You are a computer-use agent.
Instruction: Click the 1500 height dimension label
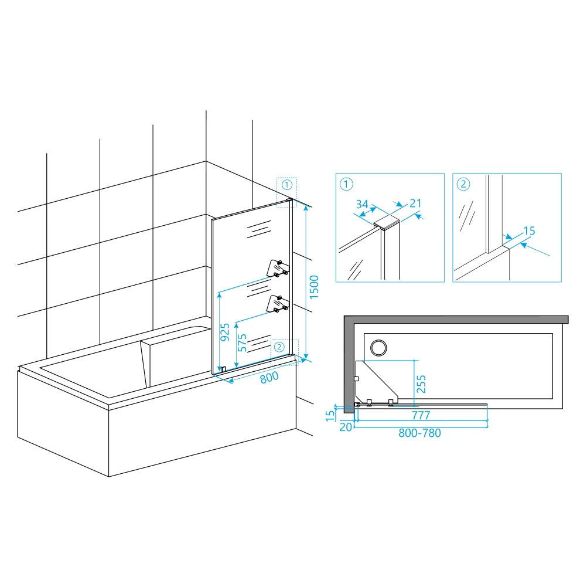point(314,287)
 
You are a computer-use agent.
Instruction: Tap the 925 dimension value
point(224,332)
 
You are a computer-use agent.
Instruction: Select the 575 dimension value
point(242,343)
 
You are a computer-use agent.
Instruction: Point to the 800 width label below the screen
point(269,377)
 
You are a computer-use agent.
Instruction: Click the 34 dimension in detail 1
point(362,204)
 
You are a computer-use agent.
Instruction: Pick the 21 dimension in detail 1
point(415,203)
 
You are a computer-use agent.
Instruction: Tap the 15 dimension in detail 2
point(529,231)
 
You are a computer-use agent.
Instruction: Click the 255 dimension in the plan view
point(421,384)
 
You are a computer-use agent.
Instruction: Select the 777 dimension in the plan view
point(421,415)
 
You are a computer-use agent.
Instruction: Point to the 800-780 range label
point(419,433)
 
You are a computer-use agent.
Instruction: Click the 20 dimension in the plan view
point(346,427)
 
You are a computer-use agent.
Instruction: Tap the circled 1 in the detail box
point(346,184)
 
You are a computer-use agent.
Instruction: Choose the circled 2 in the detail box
point(463,184)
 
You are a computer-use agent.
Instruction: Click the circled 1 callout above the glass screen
point(286,185)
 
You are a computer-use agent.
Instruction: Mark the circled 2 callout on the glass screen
point(279,347)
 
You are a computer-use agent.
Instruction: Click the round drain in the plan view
point(378,348)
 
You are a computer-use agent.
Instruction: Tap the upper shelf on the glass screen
point(278,268)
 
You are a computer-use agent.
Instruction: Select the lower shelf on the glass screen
point(278,304)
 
